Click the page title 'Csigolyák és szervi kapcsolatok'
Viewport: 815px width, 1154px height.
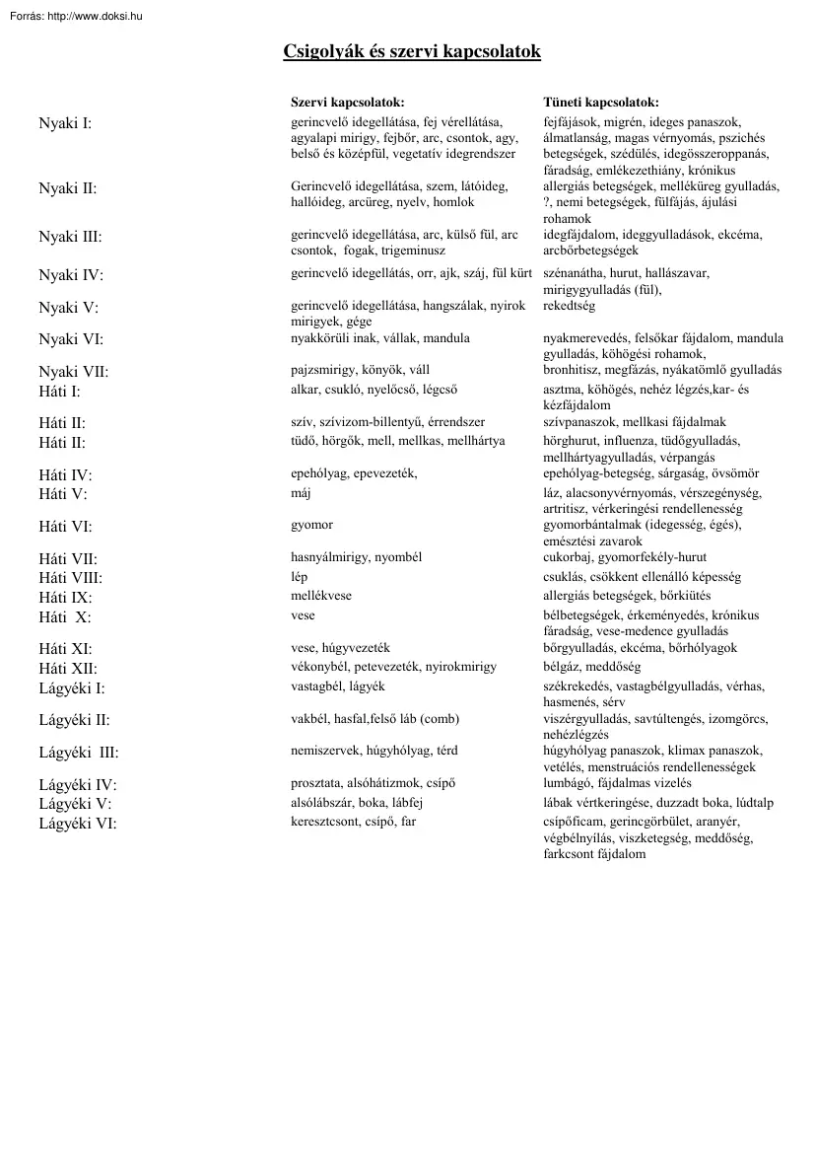412,51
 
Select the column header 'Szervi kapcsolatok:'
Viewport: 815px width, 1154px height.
348,103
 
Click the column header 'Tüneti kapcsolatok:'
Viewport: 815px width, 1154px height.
601,103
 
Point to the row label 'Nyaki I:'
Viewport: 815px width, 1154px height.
65,123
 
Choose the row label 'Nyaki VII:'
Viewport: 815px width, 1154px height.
73,372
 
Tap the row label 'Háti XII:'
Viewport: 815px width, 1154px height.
68,669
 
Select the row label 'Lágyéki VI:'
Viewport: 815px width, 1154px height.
77,824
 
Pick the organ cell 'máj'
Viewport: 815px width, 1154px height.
301,492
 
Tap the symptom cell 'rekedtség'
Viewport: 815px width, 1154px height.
570,306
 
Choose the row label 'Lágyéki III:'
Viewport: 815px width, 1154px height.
78,753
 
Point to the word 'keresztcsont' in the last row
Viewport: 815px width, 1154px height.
324,821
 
